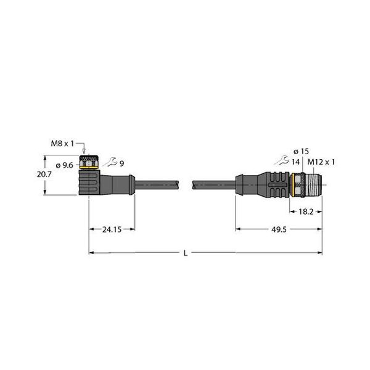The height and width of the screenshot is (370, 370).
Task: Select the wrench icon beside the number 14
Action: [283, 161]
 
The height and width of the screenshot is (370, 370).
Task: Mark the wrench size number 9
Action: [121, 163]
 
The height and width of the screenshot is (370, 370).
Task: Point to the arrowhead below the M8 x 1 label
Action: [84, 150]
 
